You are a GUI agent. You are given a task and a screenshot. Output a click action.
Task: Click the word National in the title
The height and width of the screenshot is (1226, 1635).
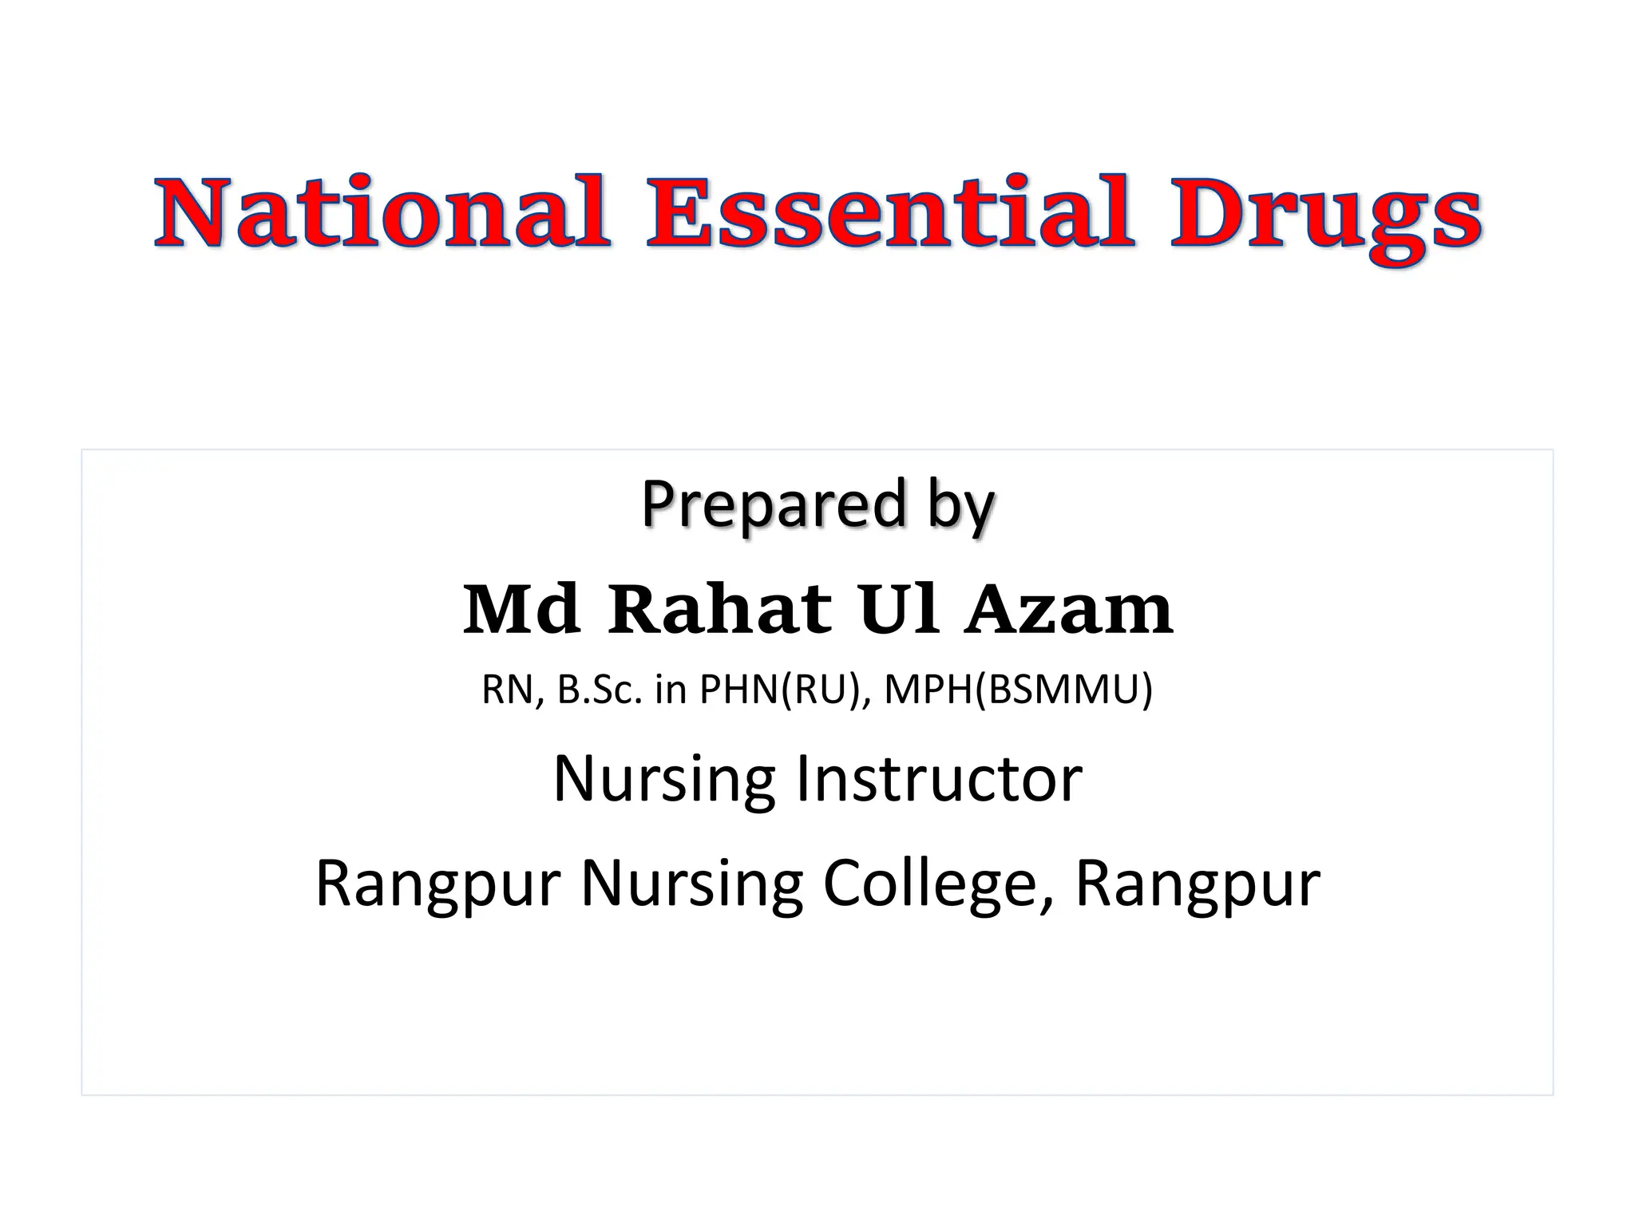[x=382, y=212]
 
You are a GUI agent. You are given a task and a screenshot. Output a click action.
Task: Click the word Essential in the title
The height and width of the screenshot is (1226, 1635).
[x=889, y=212]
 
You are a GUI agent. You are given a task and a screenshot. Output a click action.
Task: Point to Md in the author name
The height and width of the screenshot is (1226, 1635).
[x=521, y=610]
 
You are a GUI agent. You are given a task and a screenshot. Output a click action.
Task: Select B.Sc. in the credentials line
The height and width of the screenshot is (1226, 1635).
[x=600, y=690]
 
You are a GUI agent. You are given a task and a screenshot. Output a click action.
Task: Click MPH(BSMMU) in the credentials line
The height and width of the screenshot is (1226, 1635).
[x=1018, y=690]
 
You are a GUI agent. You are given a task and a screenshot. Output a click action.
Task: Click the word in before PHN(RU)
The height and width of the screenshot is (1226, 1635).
[x=671, y=690]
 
